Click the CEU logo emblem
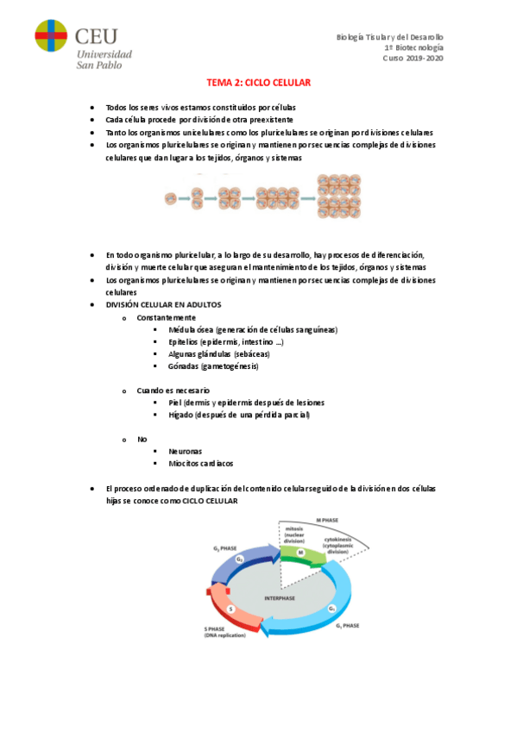[51, 36]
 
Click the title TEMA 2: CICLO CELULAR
[258, 83]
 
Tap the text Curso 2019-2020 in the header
[413, 59]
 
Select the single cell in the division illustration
[172, 200]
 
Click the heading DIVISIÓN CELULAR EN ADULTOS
[164, 305]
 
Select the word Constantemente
[166, 317]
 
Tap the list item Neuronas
[186, 451]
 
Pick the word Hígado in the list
[181, 415]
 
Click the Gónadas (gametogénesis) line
[213, 366]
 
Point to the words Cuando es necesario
[173, 390]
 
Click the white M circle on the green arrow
[301, 553]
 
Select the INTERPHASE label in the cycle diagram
[281, 598]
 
